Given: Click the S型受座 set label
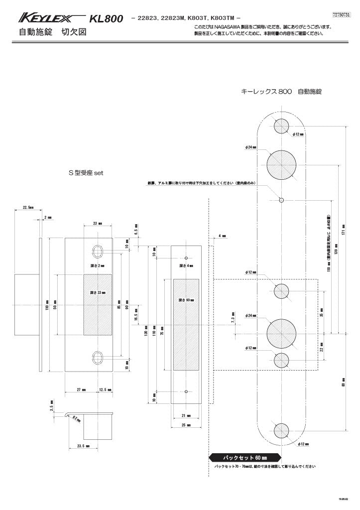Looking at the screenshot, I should coord(85,173).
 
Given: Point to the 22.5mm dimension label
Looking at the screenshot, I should coord(28,207).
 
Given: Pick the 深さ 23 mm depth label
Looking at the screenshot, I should coord(98,292).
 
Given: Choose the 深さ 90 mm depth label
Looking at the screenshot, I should coord(186,300).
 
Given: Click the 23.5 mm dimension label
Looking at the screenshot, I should coord(83,447).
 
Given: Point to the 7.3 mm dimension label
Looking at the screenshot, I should coord(233,317).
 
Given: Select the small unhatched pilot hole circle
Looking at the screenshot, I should coord(281,200).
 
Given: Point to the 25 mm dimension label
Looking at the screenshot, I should coord(185,425).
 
